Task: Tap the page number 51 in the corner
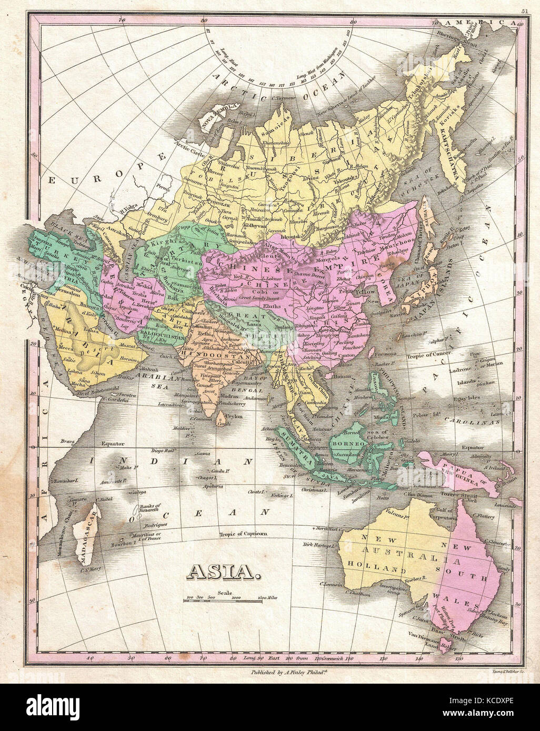(524, 10)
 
